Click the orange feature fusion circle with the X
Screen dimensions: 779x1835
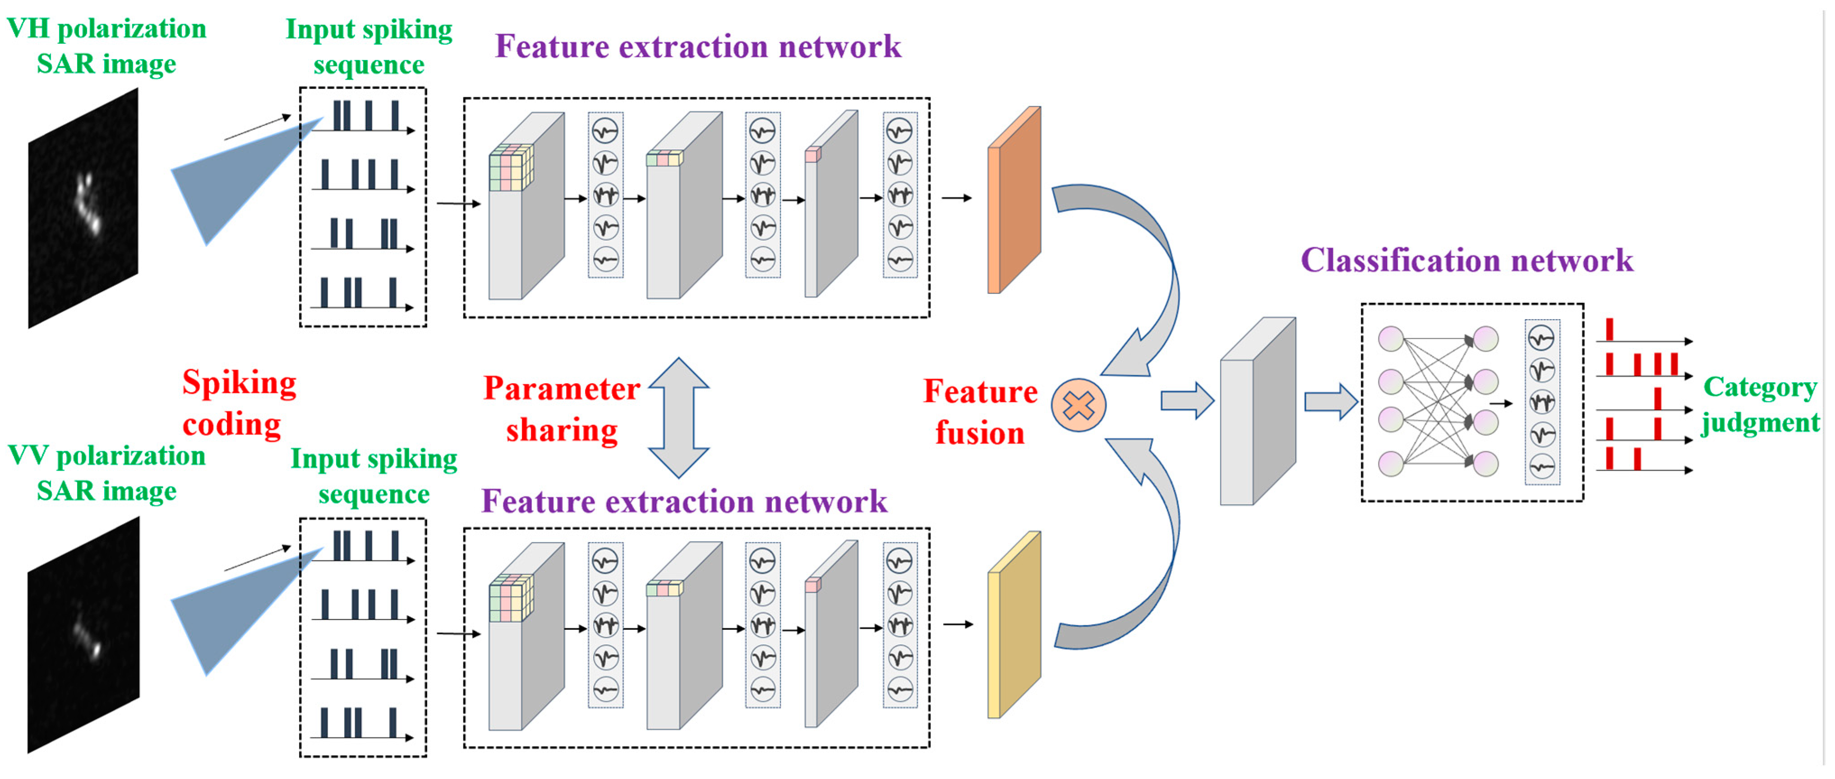(1078, 405)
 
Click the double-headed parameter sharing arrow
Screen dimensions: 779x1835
(678, 417)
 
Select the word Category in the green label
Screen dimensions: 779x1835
(1760, 387)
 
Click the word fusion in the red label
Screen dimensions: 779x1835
(979, 433)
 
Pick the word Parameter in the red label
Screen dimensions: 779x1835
(561, 389)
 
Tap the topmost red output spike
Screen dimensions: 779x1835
(1609, 329)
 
